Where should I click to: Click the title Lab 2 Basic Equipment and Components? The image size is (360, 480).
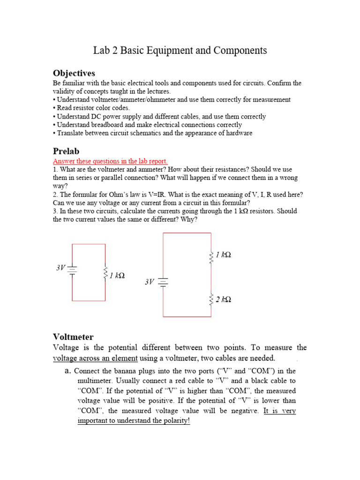(x=180, y=51)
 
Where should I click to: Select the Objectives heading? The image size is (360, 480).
(x=74, y=73)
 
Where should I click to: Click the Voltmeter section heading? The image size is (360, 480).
(x=74, y=337)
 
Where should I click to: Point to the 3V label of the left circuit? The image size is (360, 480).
(x=61, y=268)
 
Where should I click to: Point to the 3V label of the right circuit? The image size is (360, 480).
(x=150, y=282)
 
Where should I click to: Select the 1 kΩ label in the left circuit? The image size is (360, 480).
(x=117, y=275)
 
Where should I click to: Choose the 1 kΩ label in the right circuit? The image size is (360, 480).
(x=223, y=255)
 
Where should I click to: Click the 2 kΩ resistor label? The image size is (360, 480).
(x=223, y=299)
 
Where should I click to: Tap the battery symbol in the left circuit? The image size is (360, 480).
(x=72, y=269)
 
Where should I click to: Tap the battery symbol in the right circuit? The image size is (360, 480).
(x=163, y=282)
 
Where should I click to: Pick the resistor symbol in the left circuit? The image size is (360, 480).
(x=105, y=273)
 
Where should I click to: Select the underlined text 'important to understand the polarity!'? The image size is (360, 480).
(x=134, y=420)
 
